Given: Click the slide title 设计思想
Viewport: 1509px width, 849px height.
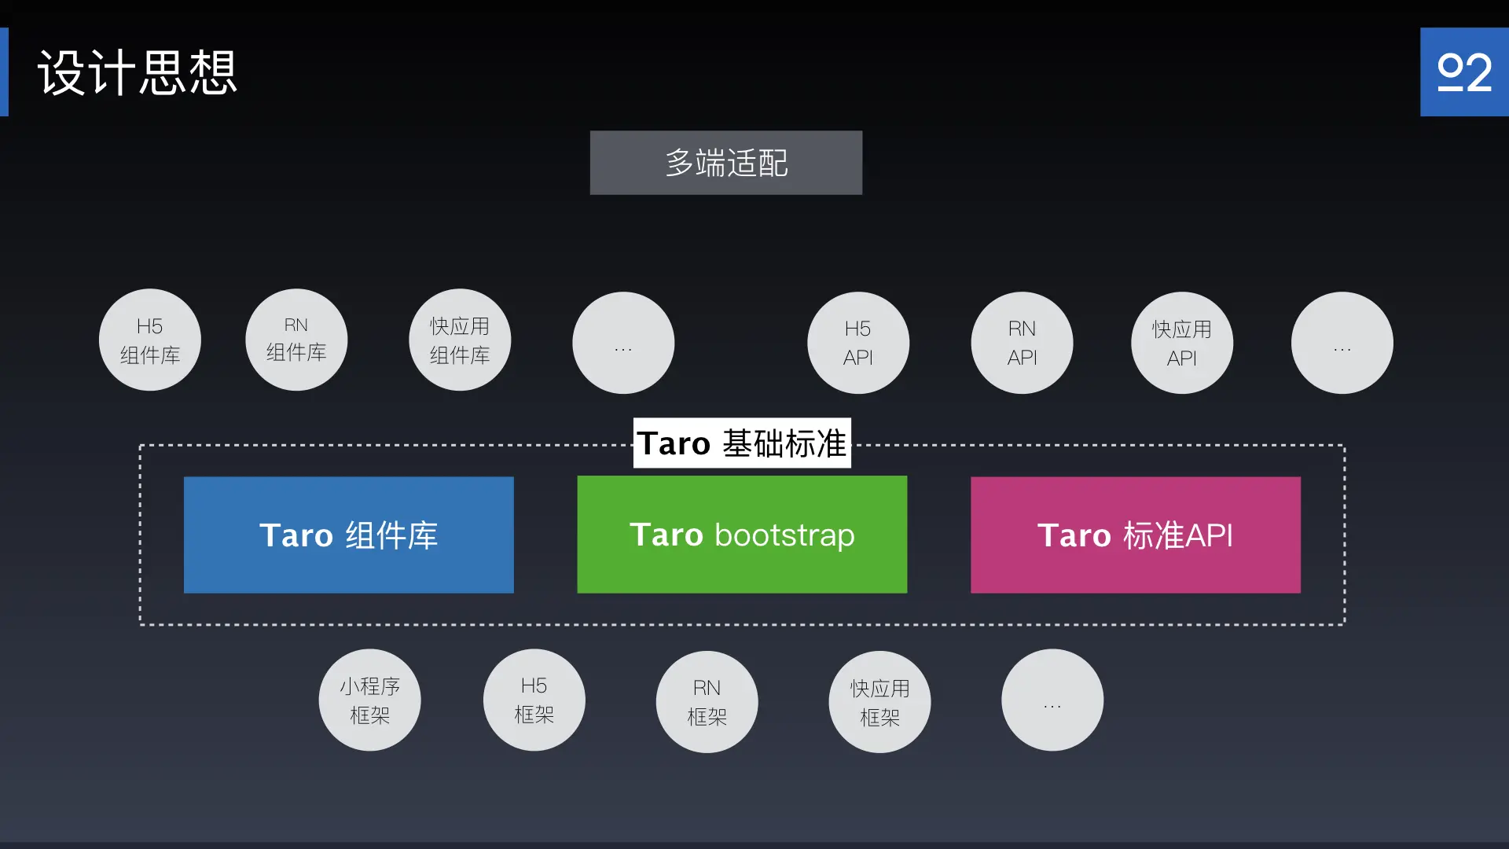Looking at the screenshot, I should [138, 72].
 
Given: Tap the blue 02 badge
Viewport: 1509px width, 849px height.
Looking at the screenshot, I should [1463, 72].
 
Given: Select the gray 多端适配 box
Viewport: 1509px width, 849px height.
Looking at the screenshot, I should [725, 163].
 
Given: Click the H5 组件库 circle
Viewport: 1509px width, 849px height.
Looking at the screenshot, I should [150, 340].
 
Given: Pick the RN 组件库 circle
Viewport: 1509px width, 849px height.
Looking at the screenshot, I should [296, 340].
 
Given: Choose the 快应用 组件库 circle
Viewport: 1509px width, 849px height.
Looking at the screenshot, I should [460, 340].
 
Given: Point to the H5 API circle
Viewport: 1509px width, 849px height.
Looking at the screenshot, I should [858, 343].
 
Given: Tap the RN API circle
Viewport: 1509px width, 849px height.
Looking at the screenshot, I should [1022, 343].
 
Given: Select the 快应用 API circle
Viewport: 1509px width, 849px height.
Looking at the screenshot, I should [1182, 343].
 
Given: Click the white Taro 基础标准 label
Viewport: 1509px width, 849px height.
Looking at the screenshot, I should [742, 443].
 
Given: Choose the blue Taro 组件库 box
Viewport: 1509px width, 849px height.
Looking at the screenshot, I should [349, 535].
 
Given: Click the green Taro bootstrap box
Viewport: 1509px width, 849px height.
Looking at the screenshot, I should [742, 535].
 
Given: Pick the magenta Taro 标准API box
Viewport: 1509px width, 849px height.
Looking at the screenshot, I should [1136, 535].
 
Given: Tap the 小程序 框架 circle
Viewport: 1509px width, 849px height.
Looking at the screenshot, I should [369, 700].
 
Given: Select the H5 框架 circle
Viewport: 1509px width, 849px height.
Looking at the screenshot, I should [534, 700].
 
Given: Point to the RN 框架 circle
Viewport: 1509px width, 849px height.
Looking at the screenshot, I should [707, 701].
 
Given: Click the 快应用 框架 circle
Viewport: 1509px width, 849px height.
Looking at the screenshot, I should [879, 701].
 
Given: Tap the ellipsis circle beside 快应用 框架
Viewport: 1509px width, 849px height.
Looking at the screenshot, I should [1052, 700].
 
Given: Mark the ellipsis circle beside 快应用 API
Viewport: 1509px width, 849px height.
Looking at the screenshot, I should [1342, 343].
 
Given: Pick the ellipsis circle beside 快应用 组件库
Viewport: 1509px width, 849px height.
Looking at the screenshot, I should [623, 343].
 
